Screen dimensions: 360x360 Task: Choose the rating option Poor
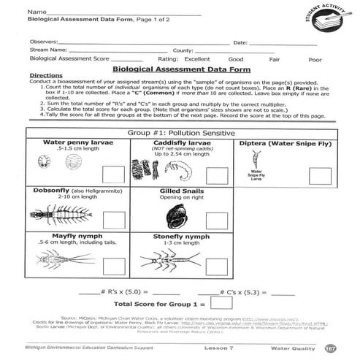click(x=315, y=59)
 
